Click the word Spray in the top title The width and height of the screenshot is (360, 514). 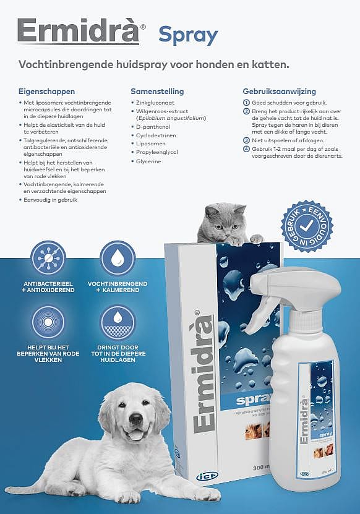click(188, 35)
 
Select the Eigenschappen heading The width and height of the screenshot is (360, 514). click(46, 91)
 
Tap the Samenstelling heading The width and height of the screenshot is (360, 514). click(157, 92)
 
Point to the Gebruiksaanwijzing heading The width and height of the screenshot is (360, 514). click(280, 91)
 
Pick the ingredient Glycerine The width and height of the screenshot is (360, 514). click(148, 161)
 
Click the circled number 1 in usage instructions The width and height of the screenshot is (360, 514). click(246, 102)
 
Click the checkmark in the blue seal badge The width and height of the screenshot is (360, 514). click(307, 226)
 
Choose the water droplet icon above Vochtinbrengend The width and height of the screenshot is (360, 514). click(118, 258)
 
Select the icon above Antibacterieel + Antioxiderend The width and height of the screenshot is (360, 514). click(48, 258)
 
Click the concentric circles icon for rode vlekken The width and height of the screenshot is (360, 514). click(48, 323)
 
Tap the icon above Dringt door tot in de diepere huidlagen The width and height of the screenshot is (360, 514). click(118, 323)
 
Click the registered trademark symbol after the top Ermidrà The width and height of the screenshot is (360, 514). click(144, 28)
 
